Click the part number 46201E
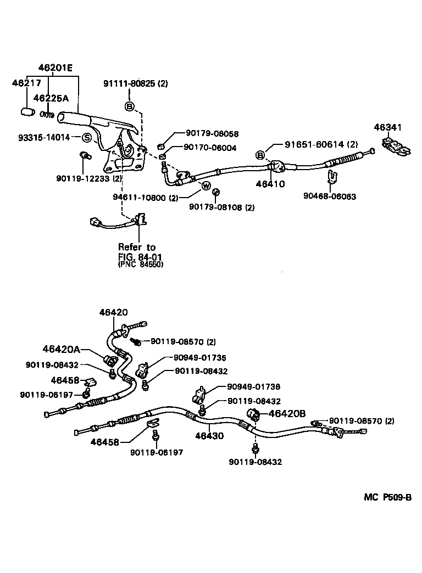[x=55, y=68]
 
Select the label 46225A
[x=51, y=98]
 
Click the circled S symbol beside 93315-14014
[x=87, y=137]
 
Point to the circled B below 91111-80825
[x=130, y=106]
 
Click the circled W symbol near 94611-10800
[x=206, y=186]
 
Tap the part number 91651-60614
[x=314, y=144]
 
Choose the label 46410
[x=270, y=184]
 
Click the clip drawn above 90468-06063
[x=331, y=177]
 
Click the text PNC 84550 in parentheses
[x=141, y=265]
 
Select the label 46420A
[x=62, y=349]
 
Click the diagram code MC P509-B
[x=387, y=498]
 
